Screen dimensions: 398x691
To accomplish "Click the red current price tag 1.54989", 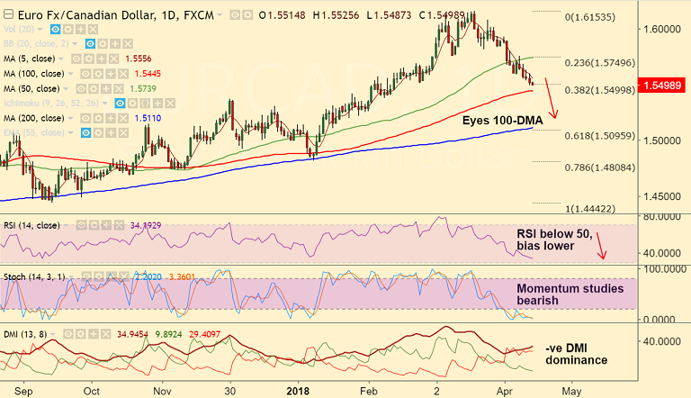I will tap(661, 86).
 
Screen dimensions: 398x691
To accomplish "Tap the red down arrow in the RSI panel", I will tap(600, 244).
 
